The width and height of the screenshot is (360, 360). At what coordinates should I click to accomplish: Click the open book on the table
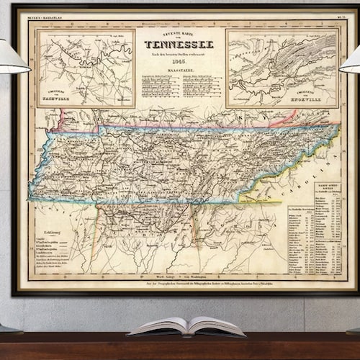point(186,327)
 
